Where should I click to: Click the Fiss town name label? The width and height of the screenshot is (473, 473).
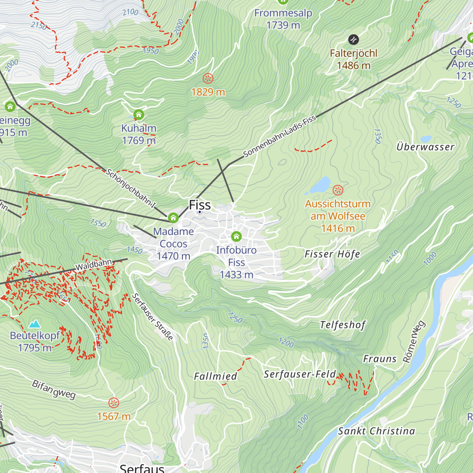pos(200,205)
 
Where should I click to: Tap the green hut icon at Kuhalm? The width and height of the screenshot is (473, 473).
pos(138,115)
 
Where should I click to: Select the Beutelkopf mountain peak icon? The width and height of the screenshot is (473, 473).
pos(35,324)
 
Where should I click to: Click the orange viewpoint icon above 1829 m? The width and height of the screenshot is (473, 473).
pos(208,78)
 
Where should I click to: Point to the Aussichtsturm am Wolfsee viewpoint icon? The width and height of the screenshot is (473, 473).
pos(338,190)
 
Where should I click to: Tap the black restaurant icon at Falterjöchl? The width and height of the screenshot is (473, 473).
pos(354,39)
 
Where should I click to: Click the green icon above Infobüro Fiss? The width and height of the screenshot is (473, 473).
pos(236,236)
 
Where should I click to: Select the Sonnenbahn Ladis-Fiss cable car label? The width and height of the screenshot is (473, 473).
pos(279,136)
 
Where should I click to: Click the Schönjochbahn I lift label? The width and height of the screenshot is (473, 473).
pos(131,188)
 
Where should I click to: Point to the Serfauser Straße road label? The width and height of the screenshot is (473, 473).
pos(152,317)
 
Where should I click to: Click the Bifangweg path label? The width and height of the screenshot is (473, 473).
pos(54,389)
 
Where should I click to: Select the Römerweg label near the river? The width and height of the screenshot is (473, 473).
pos(414,342)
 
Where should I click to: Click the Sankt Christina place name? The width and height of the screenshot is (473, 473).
pos(376,431)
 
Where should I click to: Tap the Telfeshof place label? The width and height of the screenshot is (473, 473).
pos(343,325)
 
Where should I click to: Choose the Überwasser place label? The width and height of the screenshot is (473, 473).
pos(425,147)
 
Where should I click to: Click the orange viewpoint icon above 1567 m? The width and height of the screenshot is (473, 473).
pos(114,403)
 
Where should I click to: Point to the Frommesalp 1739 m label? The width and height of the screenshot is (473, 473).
pos(283,19)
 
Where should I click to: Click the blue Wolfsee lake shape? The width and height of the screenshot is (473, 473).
pos(321,184)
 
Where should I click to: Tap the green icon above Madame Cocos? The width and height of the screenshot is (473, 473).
pos(173,218)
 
